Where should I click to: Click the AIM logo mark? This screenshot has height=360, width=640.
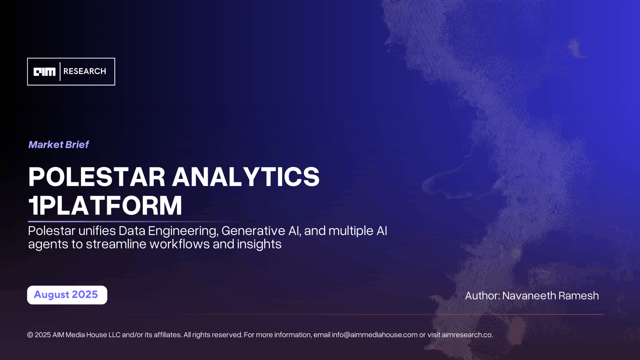coord(44,72)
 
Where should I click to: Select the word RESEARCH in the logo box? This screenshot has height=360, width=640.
coord(85,71)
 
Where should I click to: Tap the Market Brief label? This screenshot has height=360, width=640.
coord(59,144)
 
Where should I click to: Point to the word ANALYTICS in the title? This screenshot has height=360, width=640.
coord(246,177)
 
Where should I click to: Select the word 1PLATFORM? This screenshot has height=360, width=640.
coord(105,206)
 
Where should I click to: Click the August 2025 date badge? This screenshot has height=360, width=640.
coord(67,295)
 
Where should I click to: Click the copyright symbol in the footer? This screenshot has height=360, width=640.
coord(30,335)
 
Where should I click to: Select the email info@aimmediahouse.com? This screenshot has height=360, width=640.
coord(374,335)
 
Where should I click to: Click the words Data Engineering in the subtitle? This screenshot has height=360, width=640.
coord(168,231)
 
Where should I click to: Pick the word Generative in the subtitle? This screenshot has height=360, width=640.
coord(253,231)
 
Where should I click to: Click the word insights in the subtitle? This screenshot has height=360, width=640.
coord(259,244)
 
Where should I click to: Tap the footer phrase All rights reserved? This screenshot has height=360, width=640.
coord(212,335)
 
